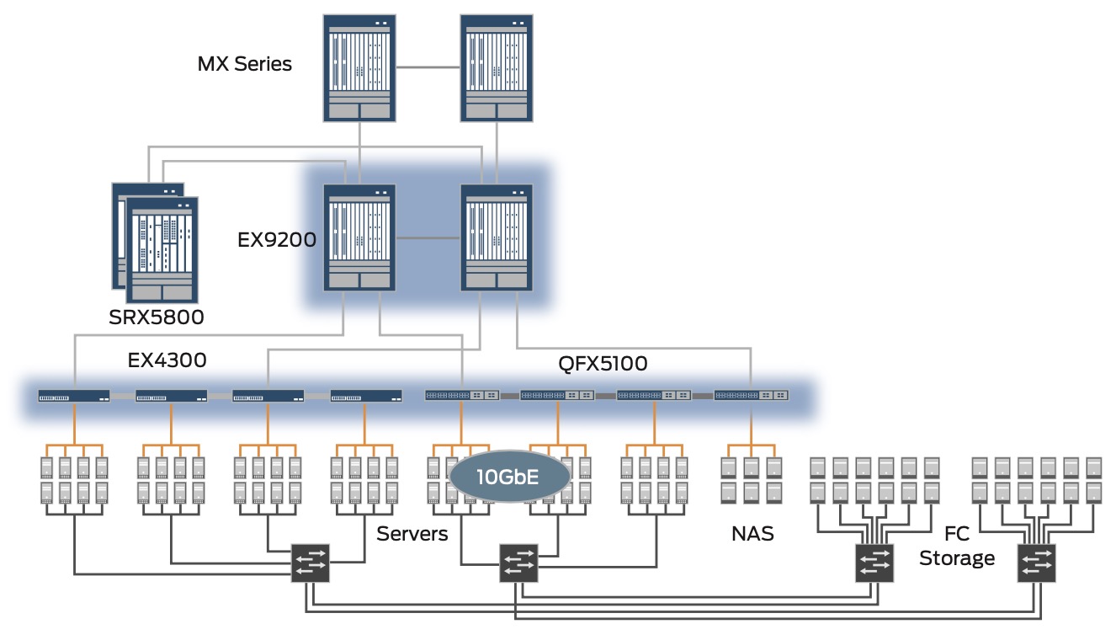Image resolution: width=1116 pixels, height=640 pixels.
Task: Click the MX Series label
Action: tap(245, 63)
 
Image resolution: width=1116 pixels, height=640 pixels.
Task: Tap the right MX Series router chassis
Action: tap(497, 67)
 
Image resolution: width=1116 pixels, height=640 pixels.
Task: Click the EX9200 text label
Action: tap(276, 240)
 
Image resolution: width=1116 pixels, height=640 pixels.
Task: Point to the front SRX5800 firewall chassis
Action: tap(162, 249)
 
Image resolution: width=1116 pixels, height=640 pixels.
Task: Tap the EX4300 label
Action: tap(167, 360)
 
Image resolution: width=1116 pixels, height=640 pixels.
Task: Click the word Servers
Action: tap(412, 534)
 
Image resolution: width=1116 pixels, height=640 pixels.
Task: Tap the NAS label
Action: tap(752, 534)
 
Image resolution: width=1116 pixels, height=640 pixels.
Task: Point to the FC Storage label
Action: tap(957, 546)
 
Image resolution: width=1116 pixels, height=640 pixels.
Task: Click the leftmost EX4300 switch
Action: tap(74, 395)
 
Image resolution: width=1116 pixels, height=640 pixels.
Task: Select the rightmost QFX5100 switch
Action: tap(752, 395)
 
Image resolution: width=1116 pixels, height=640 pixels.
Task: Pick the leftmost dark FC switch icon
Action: tap(311, 562)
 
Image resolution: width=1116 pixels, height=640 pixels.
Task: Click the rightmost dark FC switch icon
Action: tap(1037, 562)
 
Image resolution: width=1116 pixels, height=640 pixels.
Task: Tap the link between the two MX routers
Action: tap(428, 65)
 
